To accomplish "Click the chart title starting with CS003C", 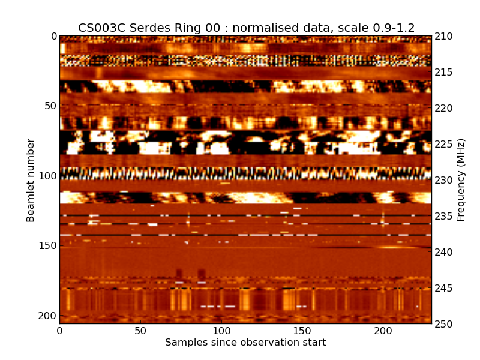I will (246, 28).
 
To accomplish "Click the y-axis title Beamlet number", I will (31, 180).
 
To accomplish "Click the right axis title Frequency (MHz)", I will (461, 180).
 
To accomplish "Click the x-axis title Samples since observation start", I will (245, 343).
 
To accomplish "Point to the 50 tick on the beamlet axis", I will (50, 106).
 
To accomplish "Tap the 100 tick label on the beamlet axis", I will (47, 176).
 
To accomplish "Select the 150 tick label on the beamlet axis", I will (47, 246).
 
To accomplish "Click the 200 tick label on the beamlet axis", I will (47, 316).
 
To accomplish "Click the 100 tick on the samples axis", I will (221, 331).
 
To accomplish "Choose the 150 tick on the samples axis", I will (302, 331).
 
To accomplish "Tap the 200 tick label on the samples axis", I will (383, 331).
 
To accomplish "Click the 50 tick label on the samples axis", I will (140, 331).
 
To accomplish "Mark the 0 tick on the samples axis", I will (59, 331).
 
